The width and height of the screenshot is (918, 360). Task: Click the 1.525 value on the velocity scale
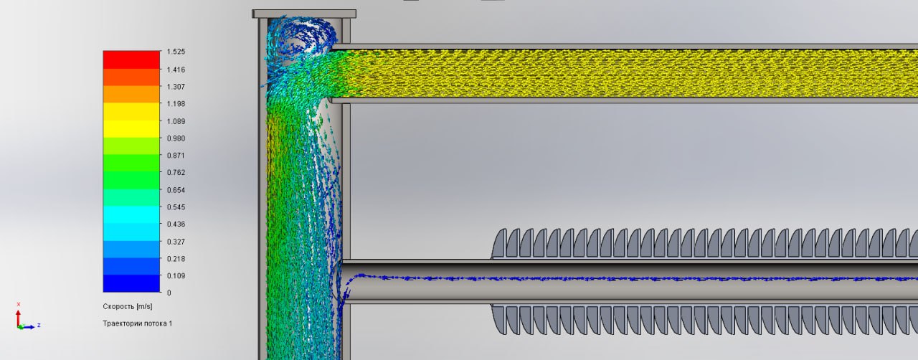(x=176, y=52)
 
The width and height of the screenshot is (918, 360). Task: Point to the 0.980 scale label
(x=176, y=138)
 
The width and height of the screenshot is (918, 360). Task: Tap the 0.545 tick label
(x=176, y=207)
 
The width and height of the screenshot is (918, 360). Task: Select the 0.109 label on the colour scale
(x=176, y=276)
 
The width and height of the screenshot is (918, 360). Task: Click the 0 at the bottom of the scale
(x=169, y=293)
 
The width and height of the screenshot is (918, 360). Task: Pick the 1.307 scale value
(x=176, y=87)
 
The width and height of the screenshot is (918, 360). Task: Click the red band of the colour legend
(x=131, y=60)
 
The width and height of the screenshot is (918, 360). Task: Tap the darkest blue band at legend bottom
(x=131, y=283)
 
